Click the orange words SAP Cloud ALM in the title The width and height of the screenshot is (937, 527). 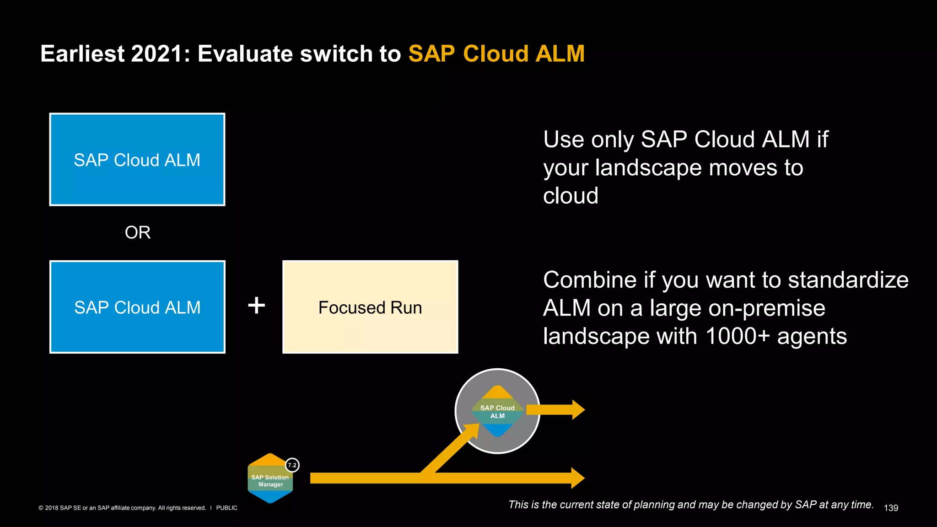coord(496,54)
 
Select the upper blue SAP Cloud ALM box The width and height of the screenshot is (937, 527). coord(137,160)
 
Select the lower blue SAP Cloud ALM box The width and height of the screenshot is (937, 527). coord(137,307)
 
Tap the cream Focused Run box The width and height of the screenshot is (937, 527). coord(370,307)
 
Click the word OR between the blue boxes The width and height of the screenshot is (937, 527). coord(138,232)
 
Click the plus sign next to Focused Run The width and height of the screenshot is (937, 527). coord(257,305)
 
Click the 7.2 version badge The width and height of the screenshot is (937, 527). coord(292,465)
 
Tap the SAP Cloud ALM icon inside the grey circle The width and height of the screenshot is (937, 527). coord(497,411)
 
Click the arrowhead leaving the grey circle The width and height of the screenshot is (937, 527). coord(578,410)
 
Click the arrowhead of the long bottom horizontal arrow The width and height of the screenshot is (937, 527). coord(577,478)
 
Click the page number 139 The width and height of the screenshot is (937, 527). coord(891,508)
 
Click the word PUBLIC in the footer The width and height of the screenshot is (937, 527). coord(226,508)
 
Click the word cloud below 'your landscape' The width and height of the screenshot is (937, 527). coord(571,196)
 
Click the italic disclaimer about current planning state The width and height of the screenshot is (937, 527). coord(691,505)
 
